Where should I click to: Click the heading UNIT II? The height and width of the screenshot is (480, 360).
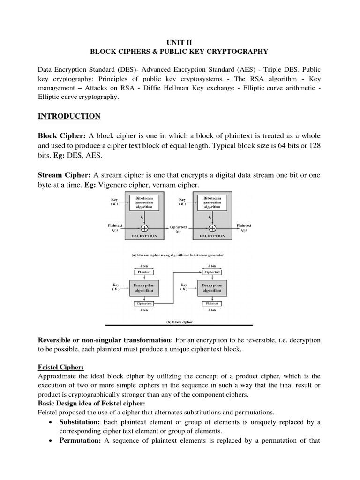point(180,41)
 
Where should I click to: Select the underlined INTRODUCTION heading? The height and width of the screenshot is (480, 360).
point(69,116)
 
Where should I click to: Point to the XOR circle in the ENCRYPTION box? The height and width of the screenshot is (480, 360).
point(144,228)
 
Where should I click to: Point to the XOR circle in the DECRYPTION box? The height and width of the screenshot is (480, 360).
point(212,228)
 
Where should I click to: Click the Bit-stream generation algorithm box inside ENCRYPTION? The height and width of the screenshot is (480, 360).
point(144,202)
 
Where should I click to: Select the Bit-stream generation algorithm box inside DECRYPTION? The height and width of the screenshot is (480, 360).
point(212,202)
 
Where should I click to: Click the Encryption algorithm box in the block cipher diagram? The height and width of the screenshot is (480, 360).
point(143,287)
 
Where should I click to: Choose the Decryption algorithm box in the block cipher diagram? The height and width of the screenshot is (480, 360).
point(212,287)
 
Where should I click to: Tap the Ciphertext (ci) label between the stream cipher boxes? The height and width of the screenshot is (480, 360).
point(178,229)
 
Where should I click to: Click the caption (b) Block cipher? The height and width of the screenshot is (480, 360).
point(178,322)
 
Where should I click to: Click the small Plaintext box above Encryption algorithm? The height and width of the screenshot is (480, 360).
point(143,272)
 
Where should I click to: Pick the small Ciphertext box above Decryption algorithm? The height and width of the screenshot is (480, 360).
point(212,272)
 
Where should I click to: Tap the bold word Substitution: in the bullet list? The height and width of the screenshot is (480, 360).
point(79,422)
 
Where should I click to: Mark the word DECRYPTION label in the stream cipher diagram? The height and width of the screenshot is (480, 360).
point(212,236)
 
